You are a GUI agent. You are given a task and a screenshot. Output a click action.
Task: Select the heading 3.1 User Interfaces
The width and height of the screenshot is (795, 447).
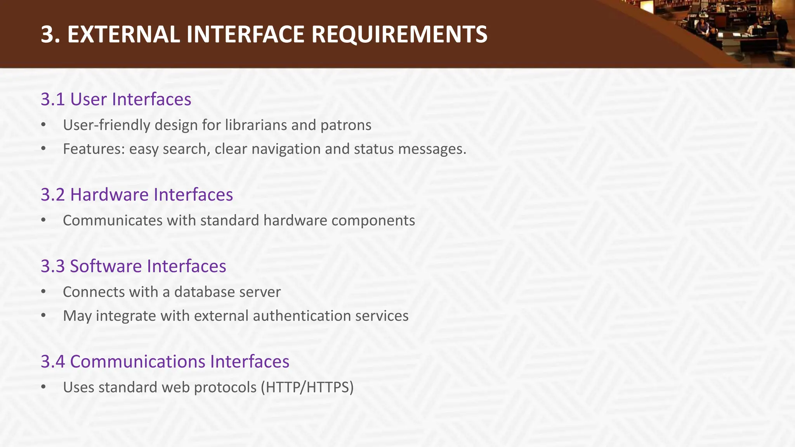[x=116, y=99]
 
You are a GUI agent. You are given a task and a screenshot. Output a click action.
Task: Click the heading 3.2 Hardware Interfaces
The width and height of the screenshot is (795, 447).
[x=137, y=195]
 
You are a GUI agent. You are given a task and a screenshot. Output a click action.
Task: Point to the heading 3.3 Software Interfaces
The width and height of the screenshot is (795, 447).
[x=133, y=267]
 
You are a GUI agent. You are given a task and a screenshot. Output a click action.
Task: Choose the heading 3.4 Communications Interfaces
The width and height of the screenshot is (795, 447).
[x=165, y=362]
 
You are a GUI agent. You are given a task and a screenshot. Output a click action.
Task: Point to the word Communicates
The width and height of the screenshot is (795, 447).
[x=113, y=221]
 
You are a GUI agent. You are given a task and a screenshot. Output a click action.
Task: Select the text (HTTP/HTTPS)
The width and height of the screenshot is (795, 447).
[x=307, y=387]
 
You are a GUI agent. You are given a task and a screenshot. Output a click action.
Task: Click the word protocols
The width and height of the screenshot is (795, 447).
[x=225, y=387]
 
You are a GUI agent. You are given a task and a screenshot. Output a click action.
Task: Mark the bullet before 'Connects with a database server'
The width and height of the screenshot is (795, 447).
[x=43, y=292]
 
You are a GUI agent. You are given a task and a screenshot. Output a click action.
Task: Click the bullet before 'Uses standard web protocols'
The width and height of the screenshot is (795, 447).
[x=43, y=387]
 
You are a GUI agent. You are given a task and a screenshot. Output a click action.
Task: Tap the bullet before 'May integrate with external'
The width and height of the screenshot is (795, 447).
[x=43, y=316]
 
